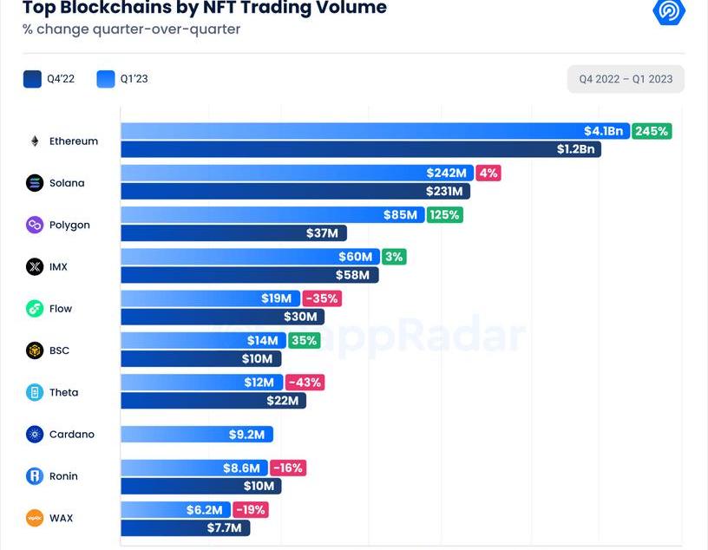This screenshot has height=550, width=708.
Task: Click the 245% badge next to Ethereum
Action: click(x=652, y=131)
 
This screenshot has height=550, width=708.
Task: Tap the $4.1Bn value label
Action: click(x=603, y=131)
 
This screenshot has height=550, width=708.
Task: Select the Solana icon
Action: click(x=35, y=183)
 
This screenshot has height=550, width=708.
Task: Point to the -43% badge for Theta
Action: click(x=305, y=383)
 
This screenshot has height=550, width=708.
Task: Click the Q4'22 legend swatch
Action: click(x=33, y=79)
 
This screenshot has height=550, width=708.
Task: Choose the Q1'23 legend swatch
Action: click(x=106, y=79)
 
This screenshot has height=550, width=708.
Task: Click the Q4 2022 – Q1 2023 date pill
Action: click(x=626, y=79)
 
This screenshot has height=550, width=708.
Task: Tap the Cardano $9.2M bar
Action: click(x=197, y=434)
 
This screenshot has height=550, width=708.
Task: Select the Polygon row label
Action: click(x=69, y=225)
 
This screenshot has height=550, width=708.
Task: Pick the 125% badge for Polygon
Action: click(x=444, y=214)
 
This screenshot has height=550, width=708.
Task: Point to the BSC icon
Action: click(x=35, y=350)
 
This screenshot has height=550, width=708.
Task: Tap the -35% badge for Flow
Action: click(x=322, y=298)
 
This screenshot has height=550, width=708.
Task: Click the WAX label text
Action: click(x=61, y=518)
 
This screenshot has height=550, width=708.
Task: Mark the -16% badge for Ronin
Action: click(x=288, y=468)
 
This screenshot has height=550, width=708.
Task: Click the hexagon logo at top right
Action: click(x=669, y=10)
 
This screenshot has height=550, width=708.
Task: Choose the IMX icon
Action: click(x=35, y=266)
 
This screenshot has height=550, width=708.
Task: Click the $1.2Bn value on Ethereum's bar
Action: click(x=576, y=149)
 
